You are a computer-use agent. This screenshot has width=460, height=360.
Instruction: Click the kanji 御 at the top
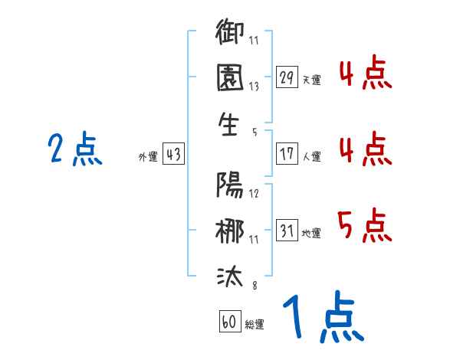pyautogui.click(x=231, y=33)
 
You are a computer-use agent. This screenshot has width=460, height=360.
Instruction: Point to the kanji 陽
pyautogui.click(x=231, y=186)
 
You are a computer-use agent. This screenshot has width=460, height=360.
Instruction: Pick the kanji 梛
pyautogui.click(x=231, y=231)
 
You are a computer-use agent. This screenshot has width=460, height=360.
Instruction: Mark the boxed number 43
pyautogui.click(x=173, y=154)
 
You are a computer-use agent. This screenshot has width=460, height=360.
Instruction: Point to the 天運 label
pyautogui.click(x=312, y=79)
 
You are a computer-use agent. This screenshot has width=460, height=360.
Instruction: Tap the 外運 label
pyautogui.click(x=148, y=156)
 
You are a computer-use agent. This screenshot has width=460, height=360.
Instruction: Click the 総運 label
pyautogui.click(x=255, y=324)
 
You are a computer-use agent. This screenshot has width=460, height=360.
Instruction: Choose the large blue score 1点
pyautogui.click(x=322, y=318)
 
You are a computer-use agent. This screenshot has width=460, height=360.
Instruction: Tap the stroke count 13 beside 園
pyautogui.click(x=253, y=87)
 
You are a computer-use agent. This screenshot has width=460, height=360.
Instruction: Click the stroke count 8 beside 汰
pyautogui.click(x=253, y=286)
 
